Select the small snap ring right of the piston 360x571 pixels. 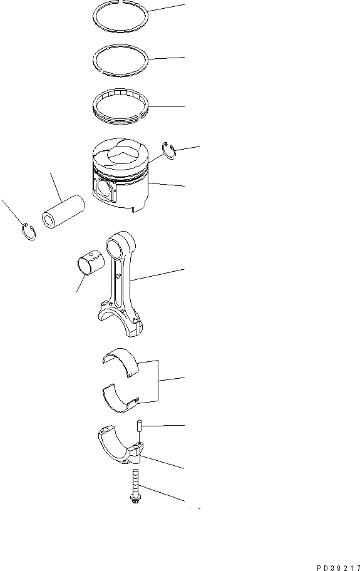click(x=168, y=149)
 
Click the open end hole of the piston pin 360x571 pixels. click(x=49, y=221)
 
